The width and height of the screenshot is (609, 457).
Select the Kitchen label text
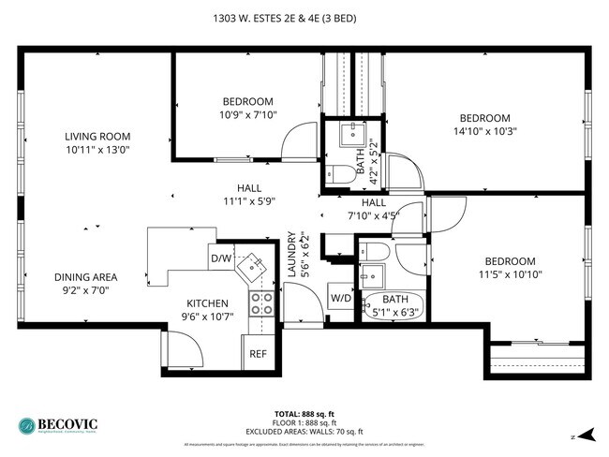pyautogui.click(x=207, y=303)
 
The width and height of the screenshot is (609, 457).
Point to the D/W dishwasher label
pyautogui.click(x=221, y=258)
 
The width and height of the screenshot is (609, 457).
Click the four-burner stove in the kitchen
pyautogui.click(x=260, y=302)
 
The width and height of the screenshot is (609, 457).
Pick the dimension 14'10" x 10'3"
pyautogui.click(x=484, y=131)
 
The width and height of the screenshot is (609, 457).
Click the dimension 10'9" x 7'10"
pyautogui.click(x=247, y=115)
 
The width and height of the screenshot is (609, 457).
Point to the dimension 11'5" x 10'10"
pyautogui.click(x=510, y=274)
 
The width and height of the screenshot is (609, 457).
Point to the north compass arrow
pyautogui.click(x=586, y=435)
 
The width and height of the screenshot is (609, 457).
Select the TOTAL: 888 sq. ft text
pyautogui.click(x=304, y=414)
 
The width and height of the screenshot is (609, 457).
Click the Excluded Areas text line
pyautogui.click(x=304, y=431)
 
